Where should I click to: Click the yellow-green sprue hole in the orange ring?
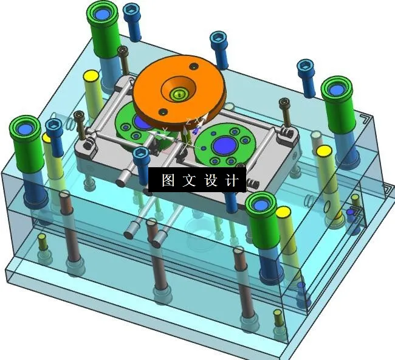tap(177, 94)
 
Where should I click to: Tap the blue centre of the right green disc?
tap(223, 145)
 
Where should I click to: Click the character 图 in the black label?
tap(168, 181)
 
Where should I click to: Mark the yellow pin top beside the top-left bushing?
tap(92, 76)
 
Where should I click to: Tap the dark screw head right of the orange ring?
tap(283, 104)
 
